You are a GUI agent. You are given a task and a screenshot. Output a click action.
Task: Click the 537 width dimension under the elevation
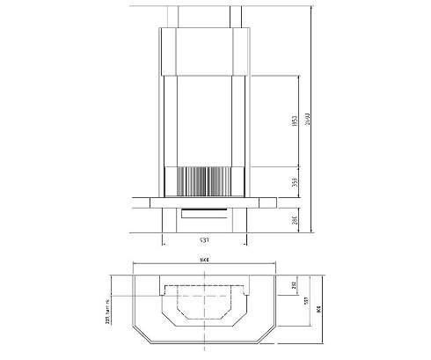[203, 240]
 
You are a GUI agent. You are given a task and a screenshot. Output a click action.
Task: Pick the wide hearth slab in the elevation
[204, 202]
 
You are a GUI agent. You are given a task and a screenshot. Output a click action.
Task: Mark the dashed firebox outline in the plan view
[204, 304]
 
